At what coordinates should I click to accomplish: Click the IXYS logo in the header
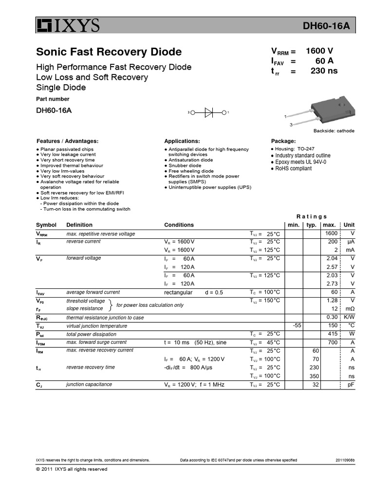point(68,25)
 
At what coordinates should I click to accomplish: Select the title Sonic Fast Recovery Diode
point(109,52)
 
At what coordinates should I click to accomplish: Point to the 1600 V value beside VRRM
point(319,51)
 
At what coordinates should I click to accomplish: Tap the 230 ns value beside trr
point(324,71)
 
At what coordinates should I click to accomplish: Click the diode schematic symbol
point(208,112)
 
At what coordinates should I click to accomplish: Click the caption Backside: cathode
point(334,131)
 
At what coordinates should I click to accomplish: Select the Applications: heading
point(182,141)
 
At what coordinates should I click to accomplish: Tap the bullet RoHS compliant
point(294,168)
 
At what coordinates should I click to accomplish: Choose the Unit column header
point(349,225)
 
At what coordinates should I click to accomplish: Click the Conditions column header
point(179,225)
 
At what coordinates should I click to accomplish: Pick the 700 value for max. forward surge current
point(332,342)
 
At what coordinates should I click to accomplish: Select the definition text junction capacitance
point(89,384)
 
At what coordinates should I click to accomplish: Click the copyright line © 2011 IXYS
point(72,469)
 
